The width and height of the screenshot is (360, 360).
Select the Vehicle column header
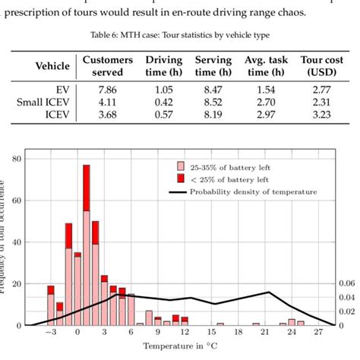coord(52,65)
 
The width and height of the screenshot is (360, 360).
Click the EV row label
coord(62,88)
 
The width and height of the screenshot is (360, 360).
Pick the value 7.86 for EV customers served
coord(107,88)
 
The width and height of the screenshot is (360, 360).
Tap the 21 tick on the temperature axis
coord(266,333)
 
